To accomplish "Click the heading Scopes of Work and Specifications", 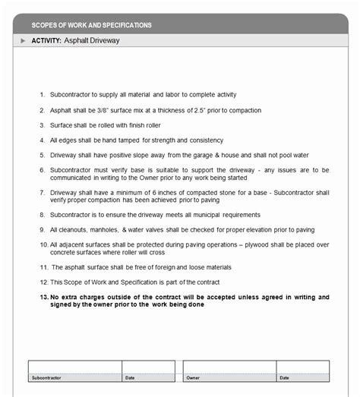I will [91, 25].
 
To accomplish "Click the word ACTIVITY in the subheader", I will [46, 40].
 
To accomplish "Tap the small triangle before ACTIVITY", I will [23, 40].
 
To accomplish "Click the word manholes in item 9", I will [99, 230].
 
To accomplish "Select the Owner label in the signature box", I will [193, 377].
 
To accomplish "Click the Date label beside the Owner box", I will [283, 377].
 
